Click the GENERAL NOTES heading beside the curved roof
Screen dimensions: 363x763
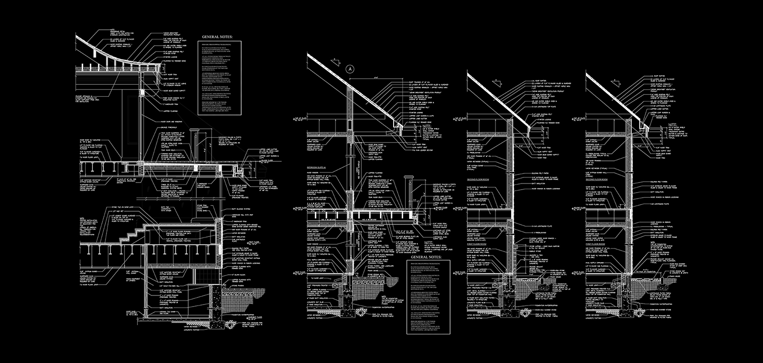coord(216,37)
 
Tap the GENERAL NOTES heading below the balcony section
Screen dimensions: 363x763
coord(426,257)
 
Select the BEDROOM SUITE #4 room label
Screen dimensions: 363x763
coord(317,166)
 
